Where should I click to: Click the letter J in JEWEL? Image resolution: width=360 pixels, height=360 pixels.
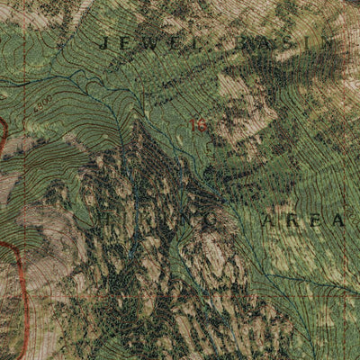[108, 42]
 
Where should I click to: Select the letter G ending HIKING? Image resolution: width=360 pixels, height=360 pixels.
[206, 219]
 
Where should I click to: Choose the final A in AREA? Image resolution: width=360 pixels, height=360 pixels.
[337, 219]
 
